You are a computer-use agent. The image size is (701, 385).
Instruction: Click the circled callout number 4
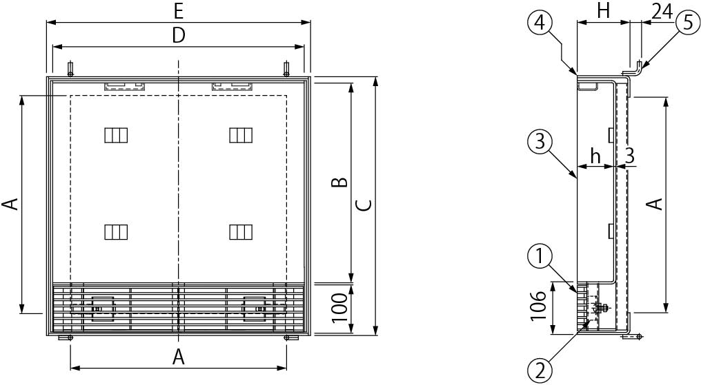point(540,22)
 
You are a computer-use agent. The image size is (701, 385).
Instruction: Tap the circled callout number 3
point(540,142)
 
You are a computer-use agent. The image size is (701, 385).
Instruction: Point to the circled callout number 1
point(540,256)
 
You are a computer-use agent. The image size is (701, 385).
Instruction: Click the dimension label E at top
point(179,12)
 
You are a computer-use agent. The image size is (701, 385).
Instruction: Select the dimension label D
point(179,36)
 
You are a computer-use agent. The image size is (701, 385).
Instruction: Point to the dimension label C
point(364,205)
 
